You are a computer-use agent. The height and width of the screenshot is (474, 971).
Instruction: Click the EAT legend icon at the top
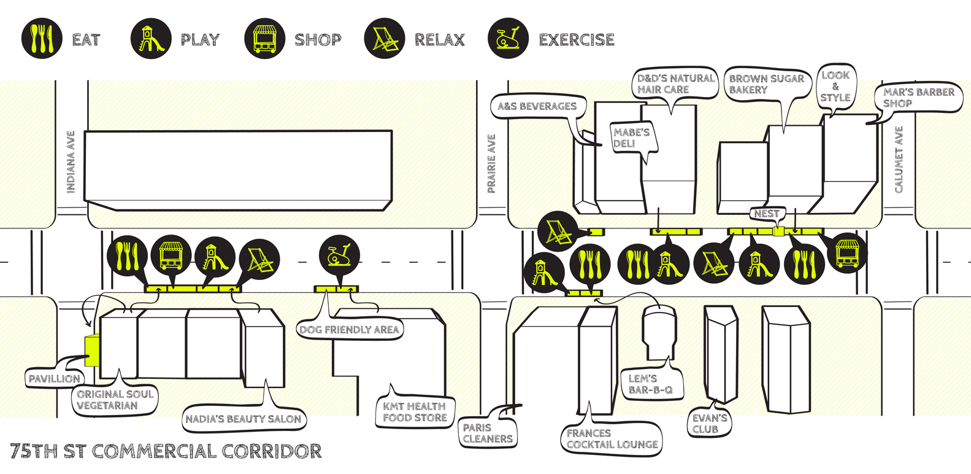tap(42, 38)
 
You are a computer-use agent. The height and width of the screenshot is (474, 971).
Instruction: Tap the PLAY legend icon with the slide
tap(151, 39)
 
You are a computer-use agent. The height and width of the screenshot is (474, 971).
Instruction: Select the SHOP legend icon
tap(264, 39)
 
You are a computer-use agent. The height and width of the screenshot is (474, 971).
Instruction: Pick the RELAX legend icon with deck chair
tap(385, 39)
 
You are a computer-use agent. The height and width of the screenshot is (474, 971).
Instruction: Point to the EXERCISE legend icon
tap(508, 39)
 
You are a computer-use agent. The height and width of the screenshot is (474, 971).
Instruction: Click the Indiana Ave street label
tap(71, 162)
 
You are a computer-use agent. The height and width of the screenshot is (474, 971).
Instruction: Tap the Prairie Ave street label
tap(491, 164)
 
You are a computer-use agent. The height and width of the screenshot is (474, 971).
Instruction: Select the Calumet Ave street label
tap(899, 160)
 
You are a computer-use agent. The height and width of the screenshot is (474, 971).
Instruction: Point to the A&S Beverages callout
tap(537, 106)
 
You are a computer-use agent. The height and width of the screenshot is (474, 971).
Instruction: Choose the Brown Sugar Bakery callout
tap(766, 84)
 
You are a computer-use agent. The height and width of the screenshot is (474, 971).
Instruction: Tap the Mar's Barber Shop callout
tap(918, 98)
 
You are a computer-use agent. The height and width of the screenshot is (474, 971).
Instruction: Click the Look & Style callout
tap(835, 87)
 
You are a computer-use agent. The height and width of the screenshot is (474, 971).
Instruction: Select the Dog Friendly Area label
tap(350, 330)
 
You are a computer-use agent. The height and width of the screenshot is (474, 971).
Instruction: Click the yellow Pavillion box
tap(91, 351)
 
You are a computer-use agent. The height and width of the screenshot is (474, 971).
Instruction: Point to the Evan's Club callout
tap(709, 424)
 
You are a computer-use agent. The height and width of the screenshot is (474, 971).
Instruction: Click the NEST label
tap(767, 214)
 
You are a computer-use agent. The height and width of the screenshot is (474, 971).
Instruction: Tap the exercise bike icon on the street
tap(339, 255)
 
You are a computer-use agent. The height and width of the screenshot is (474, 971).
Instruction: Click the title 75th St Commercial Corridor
tap(166, 451)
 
